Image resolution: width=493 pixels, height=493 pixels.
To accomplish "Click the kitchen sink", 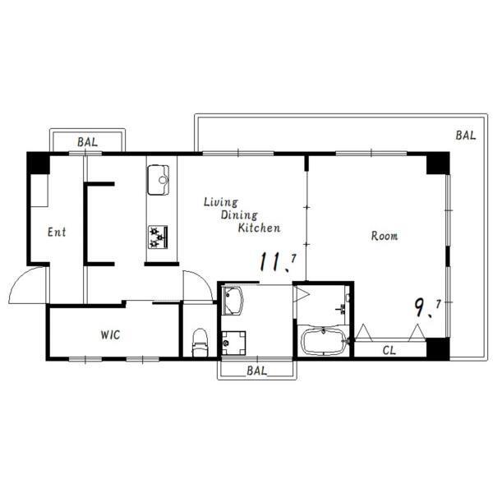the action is click(x=158, y=180).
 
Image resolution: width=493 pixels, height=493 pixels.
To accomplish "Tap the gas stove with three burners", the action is click(x=158, y=237).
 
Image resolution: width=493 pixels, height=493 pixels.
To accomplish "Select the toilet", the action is click(x=200, y=343).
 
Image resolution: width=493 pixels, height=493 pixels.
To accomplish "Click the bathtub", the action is click(x=324, y=341).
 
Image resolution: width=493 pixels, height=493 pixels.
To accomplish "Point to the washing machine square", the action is click(x=233, y=343).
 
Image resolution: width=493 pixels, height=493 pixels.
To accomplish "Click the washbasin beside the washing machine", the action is click(x=232, y=301).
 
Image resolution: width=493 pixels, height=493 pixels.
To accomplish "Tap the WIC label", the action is click(x=110, y=335).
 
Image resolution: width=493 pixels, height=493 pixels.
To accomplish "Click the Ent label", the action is click(x=57, y=232).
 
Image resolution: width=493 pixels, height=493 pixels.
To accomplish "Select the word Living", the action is click(x=221, y=202).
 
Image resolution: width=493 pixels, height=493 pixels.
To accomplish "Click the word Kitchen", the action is click(x=259, y=228).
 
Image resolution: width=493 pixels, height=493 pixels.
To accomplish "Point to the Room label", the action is click(x=385, y=236).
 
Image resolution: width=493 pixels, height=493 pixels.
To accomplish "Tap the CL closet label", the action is click(x=389, y=350).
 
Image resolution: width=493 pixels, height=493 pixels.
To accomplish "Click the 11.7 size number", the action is click(x=278, y=262).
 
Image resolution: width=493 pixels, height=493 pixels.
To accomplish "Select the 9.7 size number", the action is click(x=427, y=307).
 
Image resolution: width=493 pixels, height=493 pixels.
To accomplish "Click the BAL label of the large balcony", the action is click(x=466, y=136).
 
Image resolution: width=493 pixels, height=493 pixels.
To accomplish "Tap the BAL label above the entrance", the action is click(x=87, y=142).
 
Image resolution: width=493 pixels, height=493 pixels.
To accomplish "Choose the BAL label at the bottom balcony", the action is click(x=257, y=371).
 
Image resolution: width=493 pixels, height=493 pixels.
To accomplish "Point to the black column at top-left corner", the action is click(x=38, y=164).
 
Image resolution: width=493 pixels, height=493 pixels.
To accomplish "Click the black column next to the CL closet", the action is click(x=438, y=348).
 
